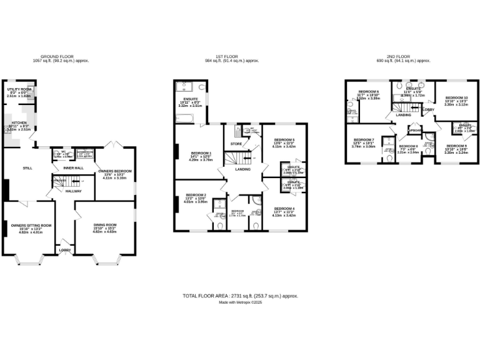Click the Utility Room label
tap(19, 89)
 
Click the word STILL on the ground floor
tap(27, 168)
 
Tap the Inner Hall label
tap(74, 168)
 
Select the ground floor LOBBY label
tap(65, 250)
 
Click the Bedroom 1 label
tap(201, 153)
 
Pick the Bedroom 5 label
tap(284, 140)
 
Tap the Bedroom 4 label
tap(284, 209)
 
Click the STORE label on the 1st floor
tap(236, 144)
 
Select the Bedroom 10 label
tap(456, 98)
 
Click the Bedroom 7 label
tap(364, 139)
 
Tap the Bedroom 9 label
tap(456, 146)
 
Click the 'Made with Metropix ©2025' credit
tap(240, 302)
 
